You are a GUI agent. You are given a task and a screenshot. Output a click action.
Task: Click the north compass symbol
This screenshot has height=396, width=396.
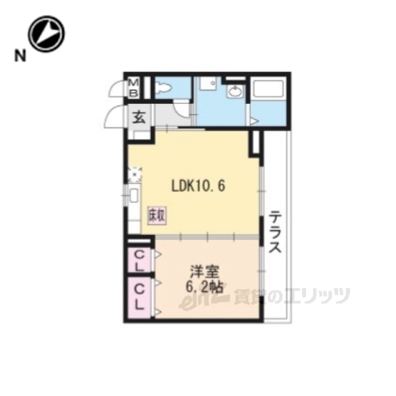(x=46, y=33)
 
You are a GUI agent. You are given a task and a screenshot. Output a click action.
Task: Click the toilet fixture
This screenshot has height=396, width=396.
(x=163, y=87)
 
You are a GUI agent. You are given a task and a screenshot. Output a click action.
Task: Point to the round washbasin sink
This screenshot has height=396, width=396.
(x=234, y=92)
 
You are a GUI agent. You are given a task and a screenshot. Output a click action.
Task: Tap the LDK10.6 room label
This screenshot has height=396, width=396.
(x=198, y=186)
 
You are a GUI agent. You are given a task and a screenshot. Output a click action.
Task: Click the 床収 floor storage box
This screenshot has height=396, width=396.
(x=155, y=214)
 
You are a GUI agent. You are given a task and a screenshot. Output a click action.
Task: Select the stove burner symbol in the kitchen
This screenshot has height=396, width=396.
(x=133, y=174)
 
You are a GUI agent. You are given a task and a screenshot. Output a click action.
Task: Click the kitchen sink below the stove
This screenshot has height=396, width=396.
(x=133, y=197)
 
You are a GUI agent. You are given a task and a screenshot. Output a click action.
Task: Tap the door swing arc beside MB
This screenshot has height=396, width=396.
(x=115, y=88)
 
